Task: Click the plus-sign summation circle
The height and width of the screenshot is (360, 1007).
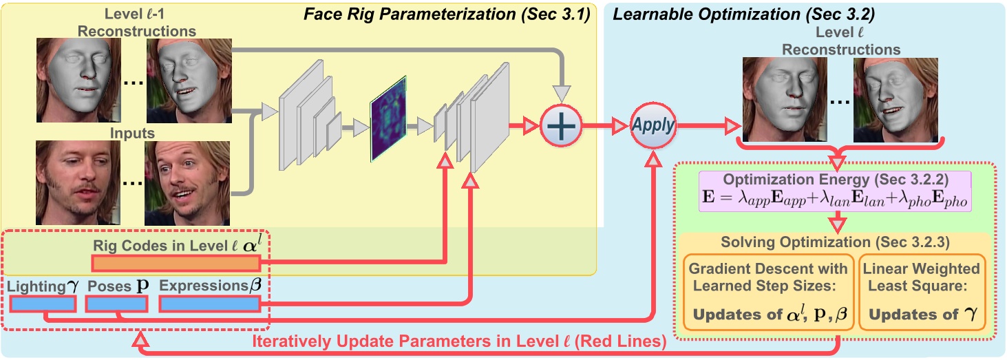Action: (561, 127)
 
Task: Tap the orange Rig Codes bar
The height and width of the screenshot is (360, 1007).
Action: (176, 263)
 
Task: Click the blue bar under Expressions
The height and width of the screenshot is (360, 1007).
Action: (210, 304)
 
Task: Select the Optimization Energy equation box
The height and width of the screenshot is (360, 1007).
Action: (834, 191)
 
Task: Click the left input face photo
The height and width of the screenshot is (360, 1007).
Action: (78, 182)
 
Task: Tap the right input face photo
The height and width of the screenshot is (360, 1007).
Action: (187, 182)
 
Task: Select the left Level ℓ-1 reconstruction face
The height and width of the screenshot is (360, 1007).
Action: (78, 80)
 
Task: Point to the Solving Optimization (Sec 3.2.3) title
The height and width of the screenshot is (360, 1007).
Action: (834, 242)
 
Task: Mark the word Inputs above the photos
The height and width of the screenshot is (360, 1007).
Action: (132, 133)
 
